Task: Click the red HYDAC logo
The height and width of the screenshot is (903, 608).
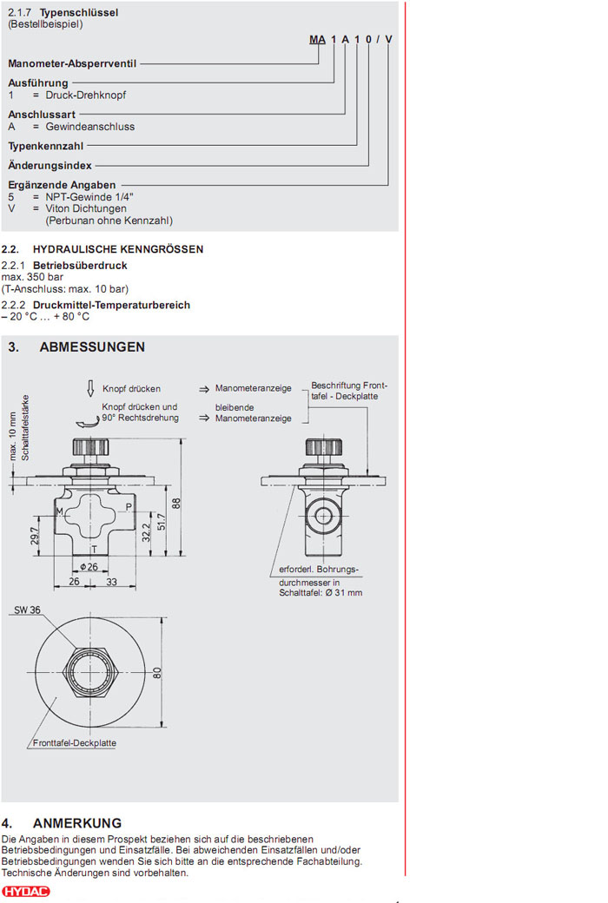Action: [26, 892]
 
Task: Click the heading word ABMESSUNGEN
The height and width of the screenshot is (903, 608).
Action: [92, 347]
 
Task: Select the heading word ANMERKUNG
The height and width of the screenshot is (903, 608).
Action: [77, 823]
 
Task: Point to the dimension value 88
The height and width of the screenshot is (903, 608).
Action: [175, 503]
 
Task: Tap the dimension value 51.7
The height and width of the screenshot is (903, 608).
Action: [161, 521]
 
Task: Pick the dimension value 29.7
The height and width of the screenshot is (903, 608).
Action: [34, 537]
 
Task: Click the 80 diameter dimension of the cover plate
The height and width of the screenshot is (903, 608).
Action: [157, 673]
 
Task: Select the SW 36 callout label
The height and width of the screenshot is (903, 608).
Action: [27, 610]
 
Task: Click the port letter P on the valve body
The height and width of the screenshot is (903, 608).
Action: [129, 506]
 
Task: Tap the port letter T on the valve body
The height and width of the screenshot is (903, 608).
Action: [93, 549]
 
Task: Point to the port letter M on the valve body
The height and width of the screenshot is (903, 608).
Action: [60, 511]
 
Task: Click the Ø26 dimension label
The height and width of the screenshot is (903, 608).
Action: [89, 567]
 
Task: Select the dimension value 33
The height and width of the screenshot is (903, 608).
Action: [111, 583]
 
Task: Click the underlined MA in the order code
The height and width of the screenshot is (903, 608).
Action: [318, 40]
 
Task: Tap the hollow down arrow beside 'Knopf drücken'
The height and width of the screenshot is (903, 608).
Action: [89, 388]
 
